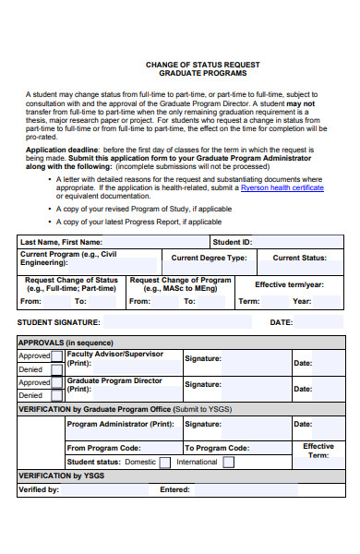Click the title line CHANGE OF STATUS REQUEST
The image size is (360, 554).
coord(203,65)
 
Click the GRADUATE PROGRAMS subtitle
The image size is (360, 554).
coord(203,75)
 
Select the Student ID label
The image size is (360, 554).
coord(232,242)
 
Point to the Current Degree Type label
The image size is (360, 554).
coord(209,259)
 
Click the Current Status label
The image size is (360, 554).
coord(299,259)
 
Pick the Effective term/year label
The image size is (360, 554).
coord(289,284)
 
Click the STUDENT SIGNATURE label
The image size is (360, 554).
coord(58,322)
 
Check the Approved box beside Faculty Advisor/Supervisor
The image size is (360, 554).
coord(57,355)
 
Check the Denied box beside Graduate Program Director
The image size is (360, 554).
coord(57,395)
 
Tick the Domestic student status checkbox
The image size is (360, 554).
coord(164,462)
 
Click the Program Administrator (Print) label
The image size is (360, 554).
coord(120,424)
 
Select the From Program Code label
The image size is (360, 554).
coord(103,448)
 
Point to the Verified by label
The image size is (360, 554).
coord(39,489)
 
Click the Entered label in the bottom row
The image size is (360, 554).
coord(174,489)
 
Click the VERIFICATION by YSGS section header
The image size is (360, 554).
coord(59,476)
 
